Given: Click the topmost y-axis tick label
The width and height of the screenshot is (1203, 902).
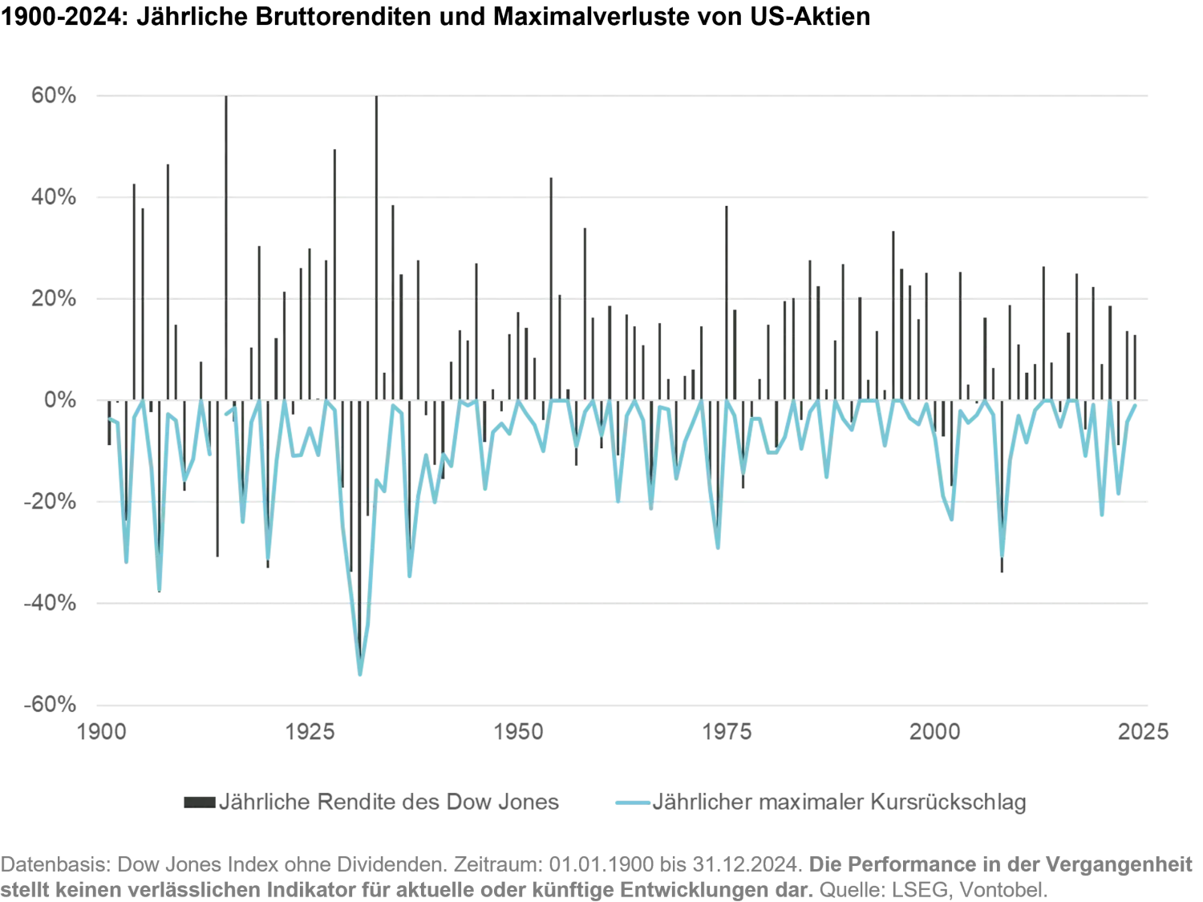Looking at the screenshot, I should tap(52, 98).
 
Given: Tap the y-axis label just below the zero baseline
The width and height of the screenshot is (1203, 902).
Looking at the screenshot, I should tap(50, 504).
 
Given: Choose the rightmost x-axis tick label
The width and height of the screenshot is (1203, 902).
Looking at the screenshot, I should tap(1146, 731).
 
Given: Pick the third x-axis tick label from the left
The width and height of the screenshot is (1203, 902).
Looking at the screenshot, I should tap(520, 731).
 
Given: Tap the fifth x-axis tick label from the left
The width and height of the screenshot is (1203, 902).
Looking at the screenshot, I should tap(933, 731).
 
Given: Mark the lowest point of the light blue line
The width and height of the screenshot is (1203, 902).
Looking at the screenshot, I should tap(359, 678).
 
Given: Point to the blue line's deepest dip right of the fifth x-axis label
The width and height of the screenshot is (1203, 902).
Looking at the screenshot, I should tap(1001, 556).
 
